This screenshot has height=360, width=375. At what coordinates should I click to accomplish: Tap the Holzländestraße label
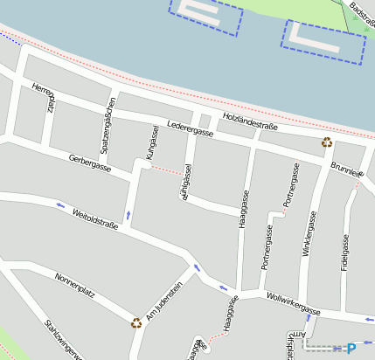[x=250, y=121]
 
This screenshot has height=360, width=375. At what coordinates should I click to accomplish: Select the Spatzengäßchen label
[x=108, y=126]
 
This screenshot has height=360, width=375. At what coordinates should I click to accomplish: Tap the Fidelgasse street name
[x=345, y=253]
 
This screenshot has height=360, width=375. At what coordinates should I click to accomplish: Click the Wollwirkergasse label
[x=294, y=304]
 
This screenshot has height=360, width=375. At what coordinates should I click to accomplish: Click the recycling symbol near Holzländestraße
[x=327, y=142]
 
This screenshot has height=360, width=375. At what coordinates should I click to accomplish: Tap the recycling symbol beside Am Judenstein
[x=136, y=322]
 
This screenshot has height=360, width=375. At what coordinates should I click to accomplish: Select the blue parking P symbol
[x=352, y=347]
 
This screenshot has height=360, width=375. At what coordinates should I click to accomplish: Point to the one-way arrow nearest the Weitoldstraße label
[x=60, y=205]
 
